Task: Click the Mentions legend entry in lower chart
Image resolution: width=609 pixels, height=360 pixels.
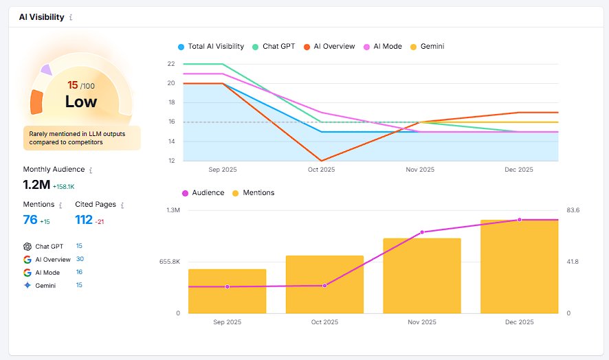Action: [254, 193]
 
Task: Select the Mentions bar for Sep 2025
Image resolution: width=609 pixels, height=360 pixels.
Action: [227, 291]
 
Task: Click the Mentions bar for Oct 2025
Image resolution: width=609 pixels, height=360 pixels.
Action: [324, 284]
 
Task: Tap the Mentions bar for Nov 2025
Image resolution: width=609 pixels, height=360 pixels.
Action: [422, 275]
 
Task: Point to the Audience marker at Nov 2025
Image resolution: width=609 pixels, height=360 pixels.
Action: [422, 232]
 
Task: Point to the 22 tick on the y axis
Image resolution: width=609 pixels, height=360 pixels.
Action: [170, 64]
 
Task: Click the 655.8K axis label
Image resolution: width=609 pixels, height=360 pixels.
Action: [168, 262]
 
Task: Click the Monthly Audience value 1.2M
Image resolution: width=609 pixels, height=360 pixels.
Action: [36, 185]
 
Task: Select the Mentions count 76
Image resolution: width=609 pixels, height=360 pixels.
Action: [30, 220]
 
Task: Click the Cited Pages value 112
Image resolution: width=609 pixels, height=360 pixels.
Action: [84, 220]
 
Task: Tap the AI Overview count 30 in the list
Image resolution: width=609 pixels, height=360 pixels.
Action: [80, 259]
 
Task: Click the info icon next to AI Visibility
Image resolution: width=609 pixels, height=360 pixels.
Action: [71, 17]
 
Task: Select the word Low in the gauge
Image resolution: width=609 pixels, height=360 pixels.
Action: [81, 102]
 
